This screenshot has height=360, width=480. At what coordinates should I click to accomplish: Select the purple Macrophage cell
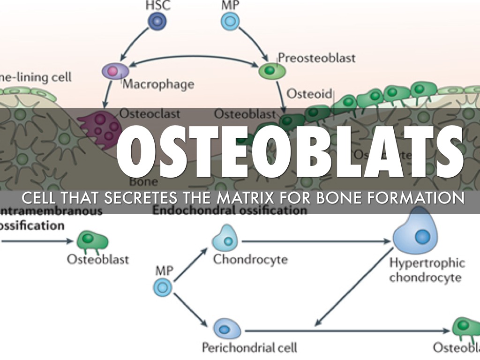[115, 71]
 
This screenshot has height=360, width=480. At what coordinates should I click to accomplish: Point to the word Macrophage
[158, 85]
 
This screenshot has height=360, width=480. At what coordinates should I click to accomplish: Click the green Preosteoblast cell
[271, 71]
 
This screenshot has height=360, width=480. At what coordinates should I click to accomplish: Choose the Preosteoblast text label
[316, 58]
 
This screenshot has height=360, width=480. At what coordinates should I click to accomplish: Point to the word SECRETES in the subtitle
[143, 198]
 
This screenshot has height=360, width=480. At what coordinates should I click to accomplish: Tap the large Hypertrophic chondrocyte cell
[417, 234]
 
